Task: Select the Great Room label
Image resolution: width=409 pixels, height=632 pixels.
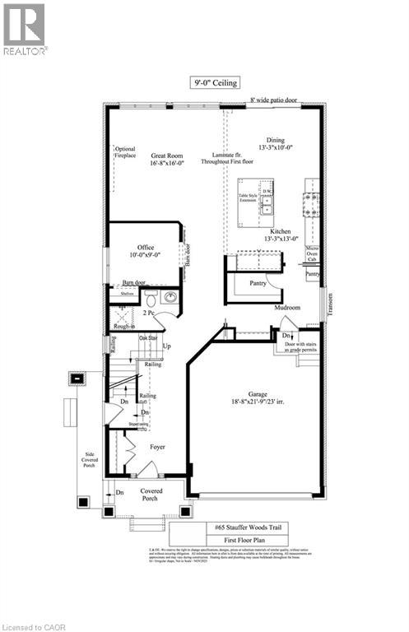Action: point(165,160)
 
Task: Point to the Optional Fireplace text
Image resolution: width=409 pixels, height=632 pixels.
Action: point(124,153)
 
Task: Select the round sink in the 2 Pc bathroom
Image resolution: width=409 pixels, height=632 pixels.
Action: point(170,297)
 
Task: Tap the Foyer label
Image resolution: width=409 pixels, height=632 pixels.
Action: point(156,447)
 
